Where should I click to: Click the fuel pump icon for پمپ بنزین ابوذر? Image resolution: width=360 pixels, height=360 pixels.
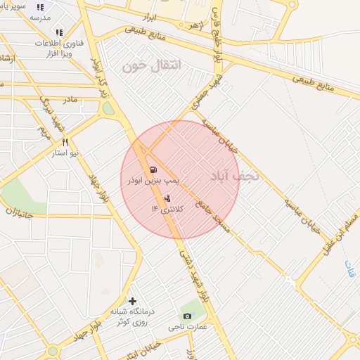(153, 169)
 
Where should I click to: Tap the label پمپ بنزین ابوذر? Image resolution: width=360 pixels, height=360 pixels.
(153, 181)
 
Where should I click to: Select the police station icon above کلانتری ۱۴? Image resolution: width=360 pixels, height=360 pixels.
(167, 198)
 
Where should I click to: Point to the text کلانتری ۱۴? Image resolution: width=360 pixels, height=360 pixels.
(166, 209)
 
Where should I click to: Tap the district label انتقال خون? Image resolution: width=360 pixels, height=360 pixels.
(151, 66)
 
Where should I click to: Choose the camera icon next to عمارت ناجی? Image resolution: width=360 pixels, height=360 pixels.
(187, 316)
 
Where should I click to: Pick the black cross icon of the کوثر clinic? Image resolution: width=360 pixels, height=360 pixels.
(132, 301)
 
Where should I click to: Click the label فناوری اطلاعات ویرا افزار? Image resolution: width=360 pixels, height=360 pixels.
(60, 47)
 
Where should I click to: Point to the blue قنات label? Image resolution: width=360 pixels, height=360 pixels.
(350, 267)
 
